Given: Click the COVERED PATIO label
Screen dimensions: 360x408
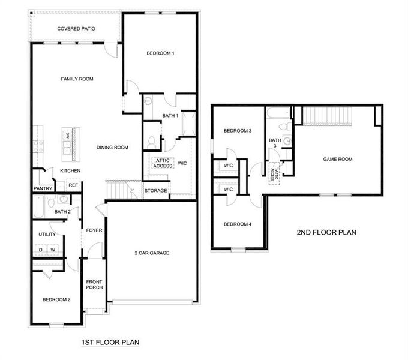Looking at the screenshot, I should click(76, 28).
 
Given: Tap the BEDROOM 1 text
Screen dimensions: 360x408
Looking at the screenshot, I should click(160, 53).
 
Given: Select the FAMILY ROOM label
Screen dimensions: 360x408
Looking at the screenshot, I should click(77, 79).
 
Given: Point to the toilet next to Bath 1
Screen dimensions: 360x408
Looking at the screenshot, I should click(152, 142).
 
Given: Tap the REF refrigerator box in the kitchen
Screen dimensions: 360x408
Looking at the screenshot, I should click(73, 185).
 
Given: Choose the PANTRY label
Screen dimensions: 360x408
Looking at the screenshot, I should click(43, 188).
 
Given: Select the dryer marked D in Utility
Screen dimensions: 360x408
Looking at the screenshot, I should click(41, 250).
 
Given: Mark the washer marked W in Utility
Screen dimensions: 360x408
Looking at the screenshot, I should click(52, 250).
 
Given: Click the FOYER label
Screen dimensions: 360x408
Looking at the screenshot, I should click(94, 230).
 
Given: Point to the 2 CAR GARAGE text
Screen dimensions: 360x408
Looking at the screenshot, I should click(152, 253).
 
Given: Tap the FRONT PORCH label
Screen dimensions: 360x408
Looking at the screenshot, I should click(94, 284).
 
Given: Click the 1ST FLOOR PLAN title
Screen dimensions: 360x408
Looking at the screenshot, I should click(110, 343).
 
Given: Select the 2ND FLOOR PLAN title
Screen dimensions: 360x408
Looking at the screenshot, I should click(327, 232).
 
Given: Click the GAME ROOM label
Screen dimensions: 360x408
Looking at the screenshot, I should click(338, 159).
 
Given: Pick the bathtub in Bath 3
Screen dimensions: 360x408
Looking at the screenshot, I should click(278, 112).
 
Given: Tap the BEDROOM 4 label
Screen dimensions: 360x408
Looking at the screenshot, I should click(238, 224).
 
